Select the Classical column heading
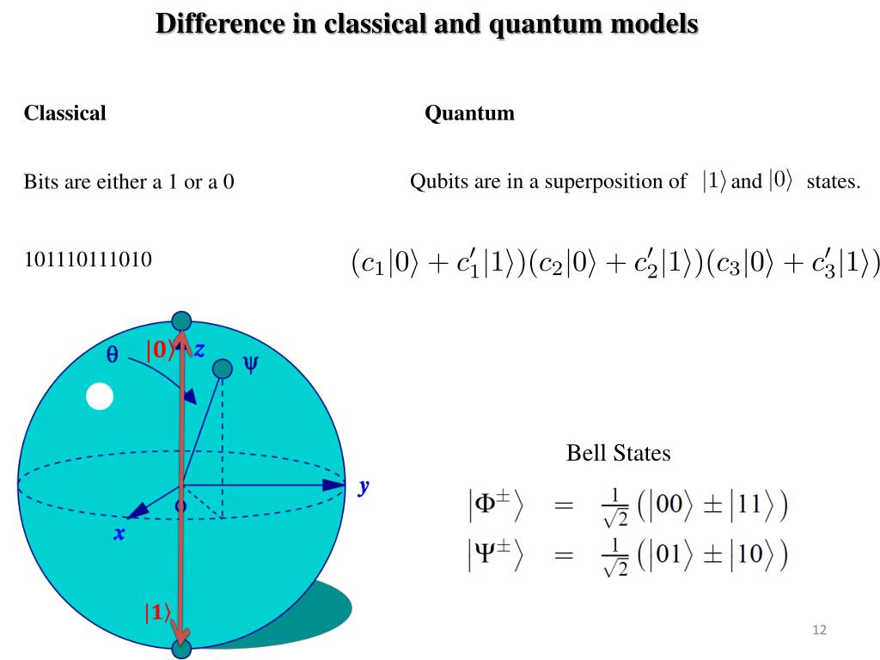pyautogui.click(x=64, y=113)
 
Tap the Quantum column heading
pyautogui.click(x=469, y=113)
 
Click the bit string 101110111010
pyautogui.click(x=88, y=259)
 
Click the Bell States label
pyautogui.click(x=618, y=452)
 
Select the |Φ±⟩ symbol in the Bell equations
pyautogui.click(x=495, y=506)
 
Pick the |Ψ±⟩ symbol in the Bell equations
pyautogui.click(x=495, y=556)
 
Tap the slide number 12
pyautogui.click(x=818, y=631)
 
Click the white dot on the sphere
pyautogui.click(x=101, y=396)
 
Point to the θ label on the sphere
pyautogui.click(x=112, y=354)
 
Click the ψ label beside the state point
pyautogui.click(x=250, y=364)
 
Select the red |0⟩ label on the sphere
pyautogui.click(x=160, y=351)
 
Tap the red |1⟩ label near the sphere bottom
pyautogui.click(x=156, y=613)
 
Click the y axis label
pyautogui.click(x=364, y=486)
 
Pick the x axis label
pyautogui.click(x=119, y=534)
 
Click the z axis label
pyautogui.click(x=199, y=349)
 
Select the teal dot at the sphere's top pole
pyautogui.click(x=181, y=321)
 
